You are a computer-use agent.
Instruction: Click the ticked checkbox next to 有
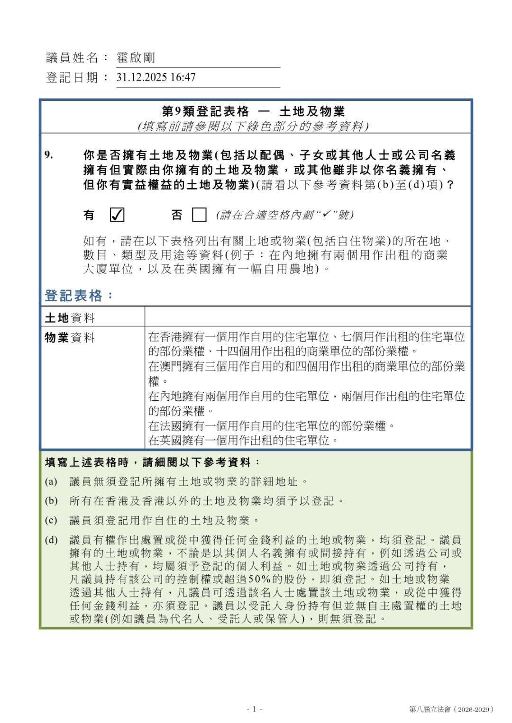point(117,215)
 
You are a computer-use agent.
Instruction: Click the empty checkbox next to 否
point(199,215)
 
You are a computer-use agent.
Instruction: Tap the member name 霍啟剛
point(136,58)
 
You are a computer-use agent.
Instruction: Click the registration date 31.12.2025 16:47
point(156,77)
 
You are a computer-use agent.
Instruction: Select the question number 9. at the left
point(49,155)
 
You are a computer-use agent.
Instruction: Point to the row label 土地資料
point(70,317)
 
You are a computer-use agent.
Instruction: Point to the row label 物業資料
point(70,337)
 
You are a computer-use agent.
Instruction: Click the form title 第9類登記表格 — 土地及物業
point(253,111)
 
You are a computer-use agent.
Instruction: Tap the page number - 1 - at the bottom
point(255,709)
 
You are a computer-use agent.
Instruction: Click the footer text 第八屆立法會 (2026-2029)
point(451,709)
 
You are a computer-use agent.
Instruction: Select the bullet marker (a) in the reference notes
point(51,482)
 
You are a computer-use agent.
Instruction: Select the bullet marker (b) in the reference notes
point(51,501)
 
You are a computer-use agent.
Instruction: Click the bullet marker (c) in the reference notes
point(51,520)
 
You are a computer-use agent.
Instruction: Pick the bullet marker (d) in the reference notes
point(51,540)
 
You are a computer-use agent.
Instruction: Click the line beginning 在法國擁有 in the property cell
point(272,425)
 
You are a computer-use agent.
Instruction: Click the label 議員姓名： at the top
point(73,58)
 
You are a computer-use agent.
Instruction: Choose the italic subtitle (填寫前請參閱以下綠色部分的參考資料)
point(253,126)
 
